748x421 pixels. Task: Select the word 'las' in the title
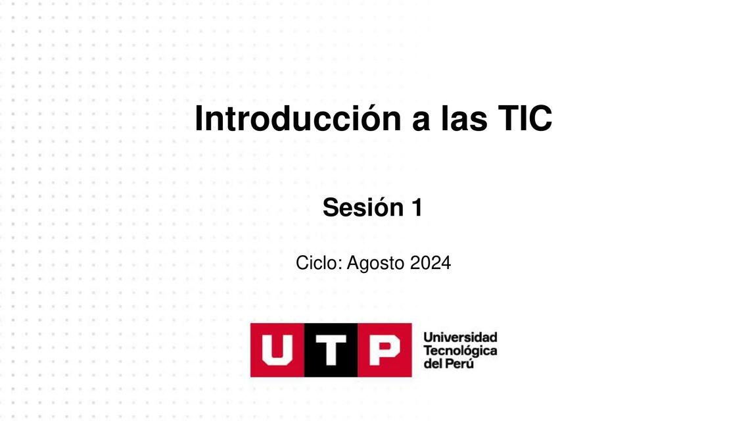pos(464,119)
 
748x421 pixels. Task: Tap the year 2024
pos(431,263)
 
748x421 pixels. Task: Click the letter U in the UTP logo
pos(277,350)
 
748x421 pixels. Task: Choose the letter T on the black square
pos(331,350)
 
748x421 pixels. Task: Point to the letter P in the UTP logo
pos(384,350)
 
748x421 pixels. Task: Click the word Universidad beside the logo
pos(460,337)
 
